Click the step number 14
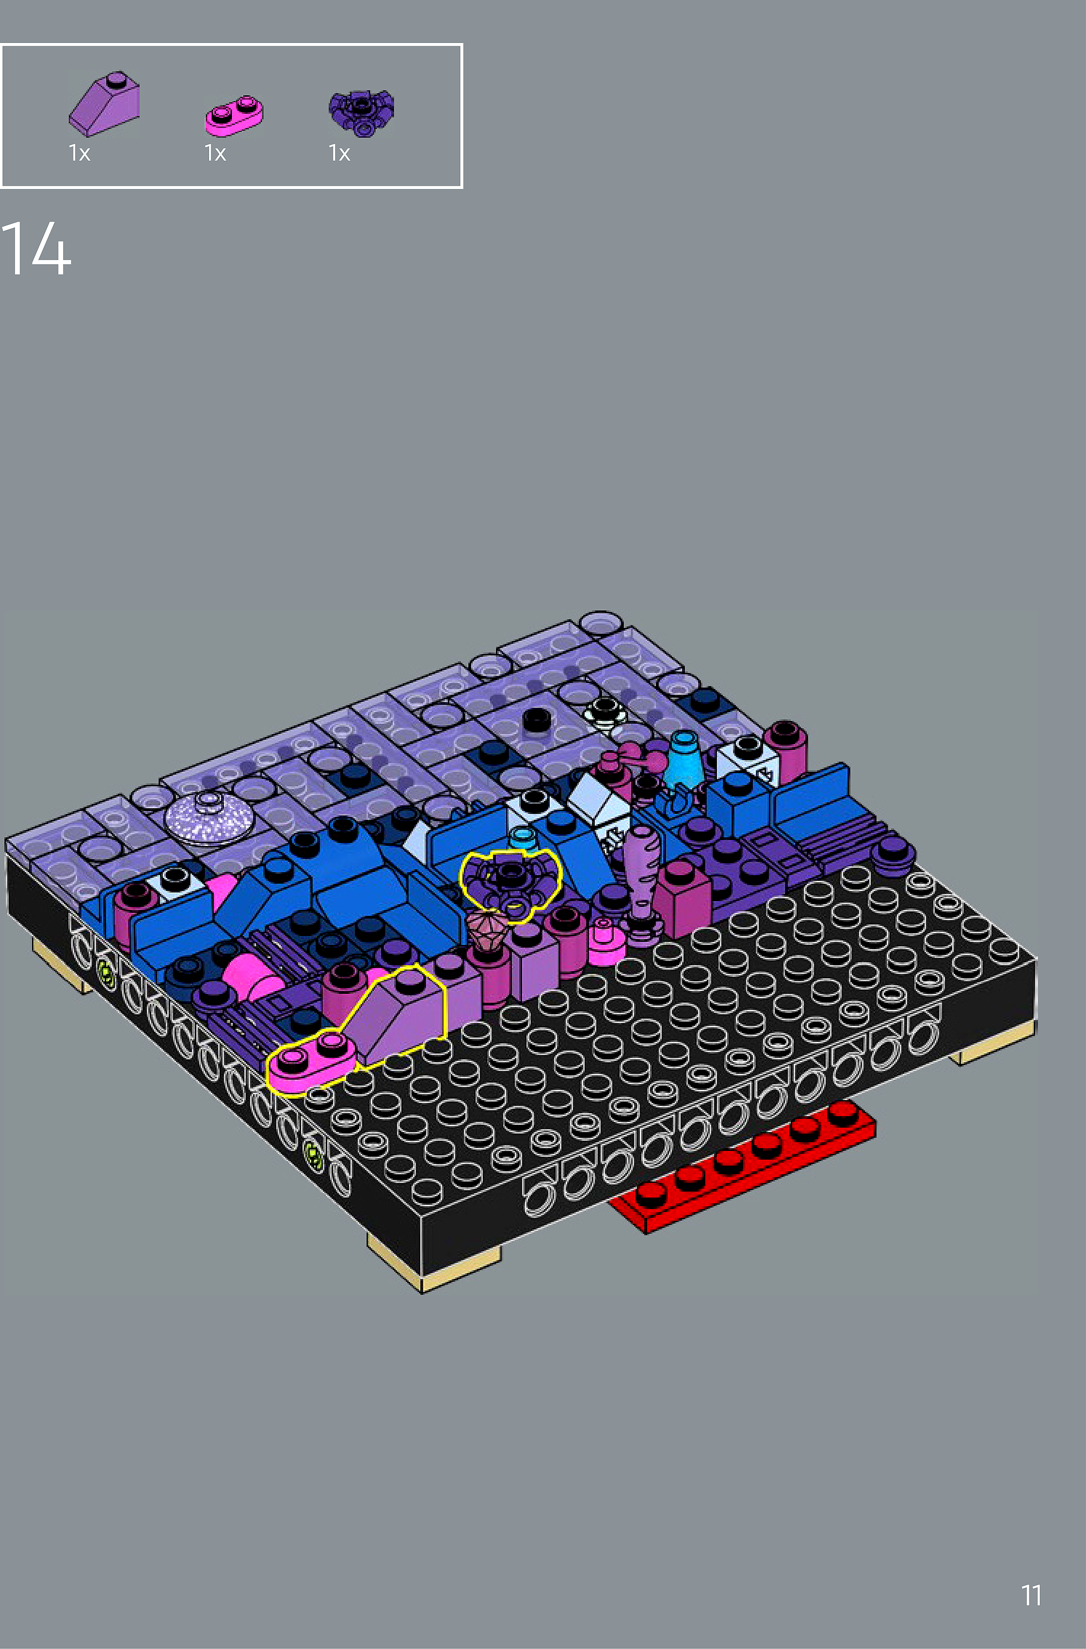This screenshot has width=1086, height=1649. (x=36, y=248)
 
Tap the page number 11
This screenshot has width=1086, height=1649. (x=1031, y=1596)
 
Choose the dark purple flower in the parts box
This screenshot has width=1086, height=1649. (x=361, y=111)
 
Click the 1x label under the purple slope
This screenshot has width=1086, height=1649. (x=79, y=153)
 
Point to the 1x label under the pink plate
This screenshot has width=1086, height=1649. (x=215, y=153)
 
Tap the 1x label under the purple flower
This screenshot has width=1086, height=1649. (x=339, y=153)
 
